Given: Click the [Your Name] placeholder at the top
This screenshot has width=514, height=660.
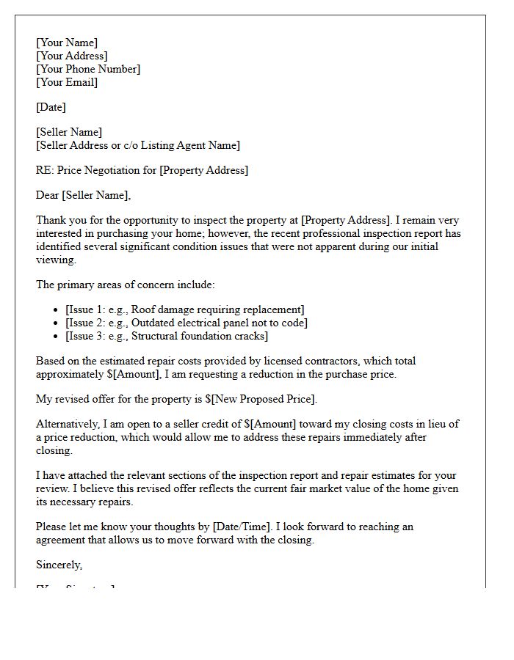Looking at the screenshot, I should coord(67,43).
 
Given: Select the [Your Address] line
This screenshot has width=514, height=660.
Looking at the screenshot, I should coord(71,56).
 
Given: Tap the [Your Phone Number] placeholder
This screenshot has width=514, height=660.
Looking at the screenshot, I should coord(88,69).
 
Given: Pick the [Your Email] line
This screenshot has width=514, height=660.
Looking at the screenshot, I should coord(67,82).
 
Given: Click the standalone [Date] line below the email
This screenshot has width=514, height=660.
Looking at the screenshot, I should coord(51,107).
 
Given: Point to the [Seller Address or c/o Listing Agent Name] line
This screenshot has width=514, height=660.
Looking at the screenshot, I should coord(137,145).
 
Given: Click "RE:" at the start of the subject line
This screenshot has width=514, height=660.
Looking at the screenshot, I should coord(44,170).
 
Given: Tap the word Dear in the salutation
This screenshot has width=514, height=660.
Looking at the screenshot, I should coord(48,195).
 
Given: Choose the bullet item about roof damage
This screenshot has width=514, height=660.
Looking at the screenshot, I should coord(184,309).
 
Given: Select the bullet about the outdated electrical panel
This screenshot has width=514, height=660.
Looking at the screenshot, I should coord(187,323).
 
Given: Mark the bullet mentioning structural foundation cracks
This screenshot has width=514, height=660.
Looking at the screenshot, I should coord(167,336).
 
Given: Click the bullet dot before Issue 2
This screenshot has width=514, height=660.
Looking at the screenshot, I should coord(57,323).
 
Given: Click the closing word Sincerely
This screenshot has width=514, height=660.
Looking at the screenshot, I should coord(59,565).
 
